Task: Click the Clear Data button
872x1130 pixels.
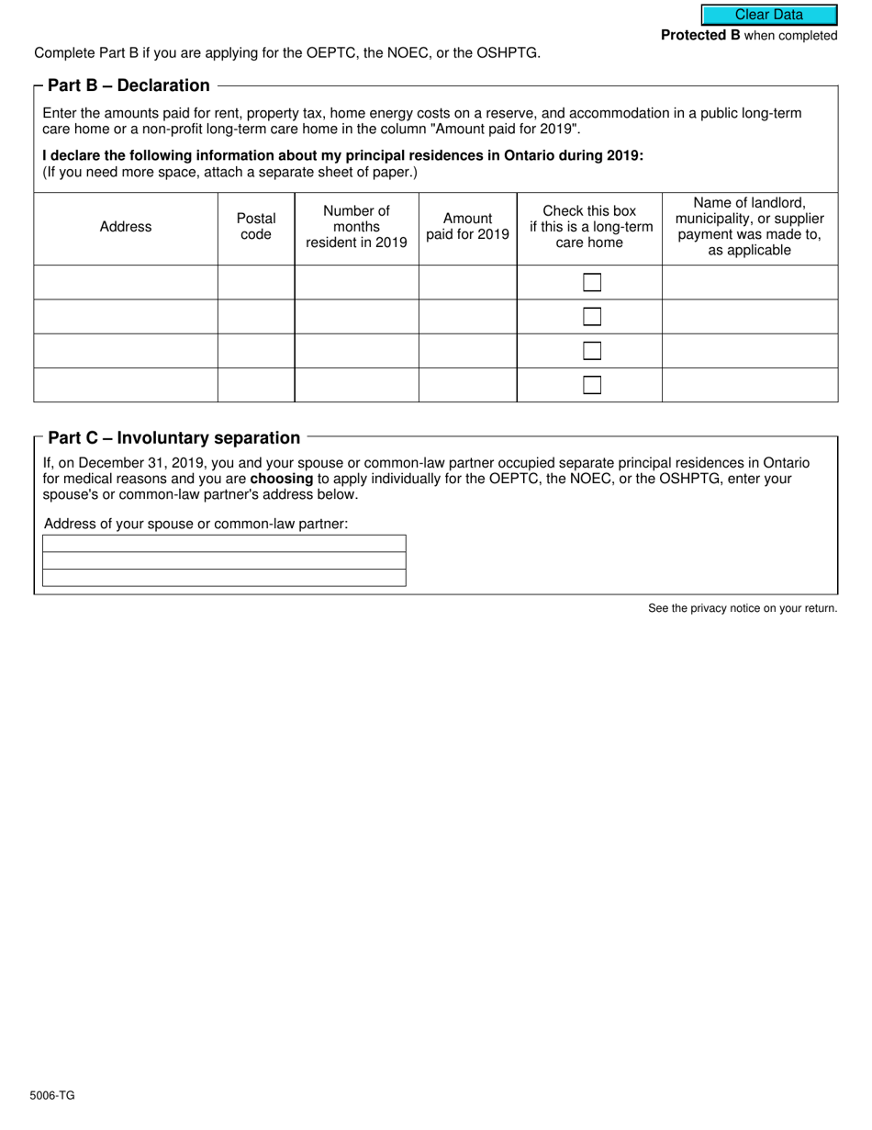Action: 768,15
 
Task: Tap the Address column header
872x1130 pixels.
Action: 126,227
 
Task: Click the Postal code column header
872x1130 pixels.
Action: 255,227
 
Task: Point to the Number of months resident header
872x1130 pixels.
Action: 356,227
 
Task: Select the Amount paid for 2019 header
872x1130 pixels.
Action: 467,227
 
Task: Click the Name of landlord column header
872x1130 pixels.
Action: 749,227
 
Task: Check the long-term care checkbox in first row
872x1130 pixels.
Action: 592,282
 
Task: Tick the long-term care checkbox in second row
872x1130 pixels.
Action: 592,317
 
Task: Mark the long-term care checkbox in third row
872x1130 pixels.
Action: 592,351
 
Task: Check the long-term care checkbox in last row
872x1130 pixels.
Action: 592,385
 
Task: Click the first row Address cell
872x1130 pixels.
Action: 126,282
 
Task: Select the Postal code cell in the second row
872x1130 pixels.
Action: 255,317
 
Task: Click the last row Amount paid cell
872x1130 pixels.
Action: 467,385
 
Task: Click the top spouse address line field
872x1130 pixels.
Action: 224,544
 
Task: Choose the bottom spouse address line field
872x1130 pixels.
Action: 224,578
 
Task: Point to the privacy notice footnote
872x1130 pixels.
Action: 742,608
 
